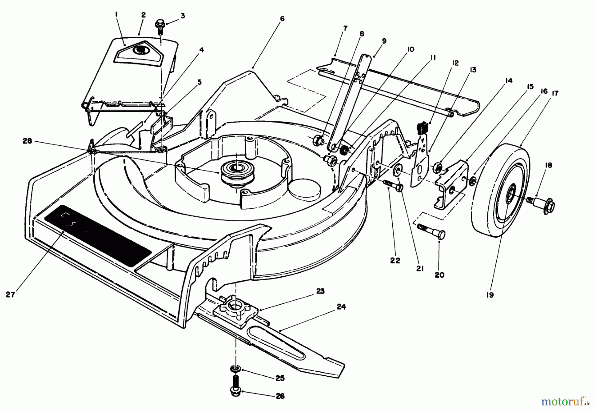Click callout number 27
[x=11, y=294]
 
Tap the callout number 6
[x=281, y=19]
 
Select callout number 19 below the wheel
[x=490, y=295]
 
